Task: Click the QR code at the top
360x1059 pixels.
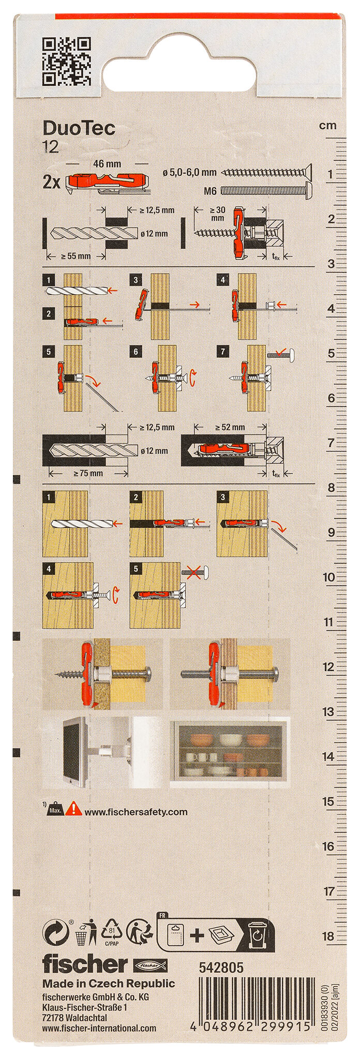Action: pos(66,62)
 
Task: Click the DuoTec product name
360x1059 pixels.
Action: pos(79,128)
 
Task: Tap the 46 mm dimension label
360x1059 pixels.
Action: pos(107,164)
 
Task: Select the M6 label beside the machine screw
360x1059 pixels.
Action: pos(210,191)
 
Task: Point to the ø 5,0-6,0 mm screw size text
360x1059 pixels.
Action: pos(189,173)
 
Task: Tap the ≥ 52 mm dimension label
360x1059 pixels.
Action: pos(230,427)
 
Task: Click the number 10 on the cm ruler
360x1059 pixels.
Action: pos(329,577)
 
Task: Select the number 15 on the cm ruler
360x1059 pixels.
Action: pos(328,801)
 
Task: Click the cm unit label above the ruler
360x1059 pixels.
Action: pos(327,126)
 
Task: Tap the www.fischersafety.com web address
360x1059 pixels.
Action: pos(136,812)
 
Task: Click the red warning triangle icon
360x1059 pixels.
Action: pos(75,808)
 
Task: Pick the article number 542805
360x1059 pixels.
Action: pos(221,967)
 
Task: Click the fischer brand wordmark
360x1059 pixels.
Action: pos(85,964)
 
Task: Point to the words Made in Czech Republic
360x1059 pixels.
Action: pos(109,984)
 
